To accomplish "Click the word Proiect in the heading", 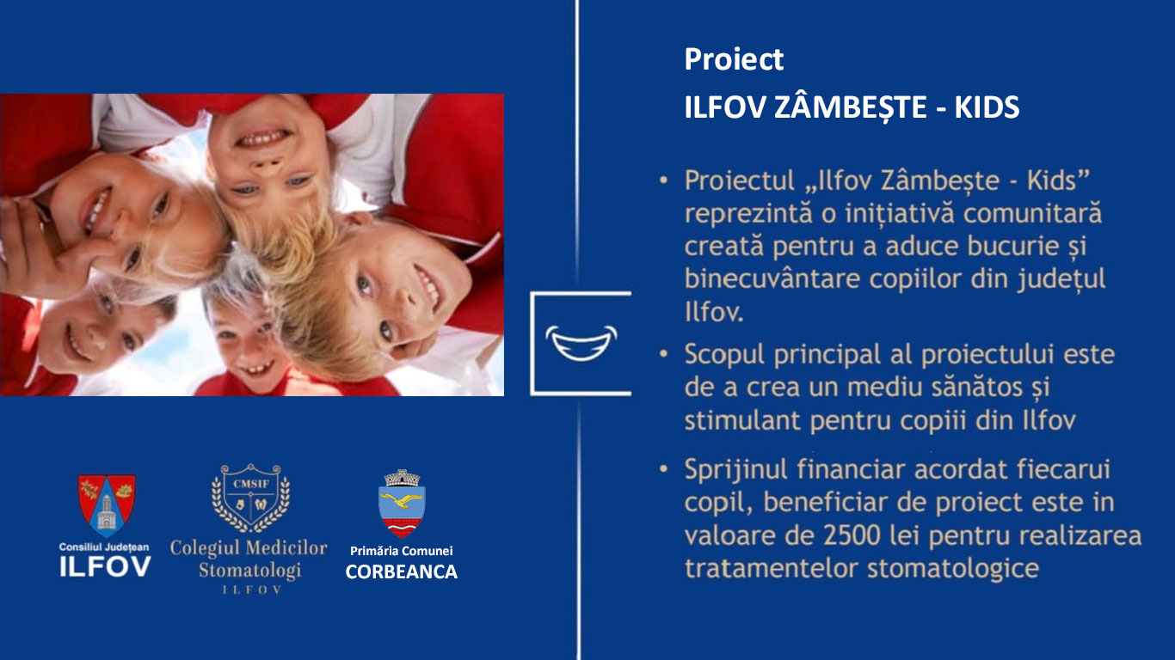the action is pyautogui.click(x=734, y=59).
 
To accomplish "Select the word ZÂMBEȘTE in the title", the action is pyautogui.click(x=851, y=107).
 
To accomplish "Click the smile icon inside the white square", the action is pyautogui.click(x=581, y=344).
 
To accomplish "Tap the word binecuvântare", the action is pyautogui.click(x=772, y=278).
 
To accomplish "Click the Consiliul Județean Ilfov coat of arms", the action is pyautogui.click(x=107, y=506).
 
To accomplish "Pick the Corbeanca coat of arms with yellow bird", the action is pyautogui.click(x=402, y=504).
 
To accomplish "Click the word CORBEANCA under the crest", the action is pyautogui.click(x=402, y=572).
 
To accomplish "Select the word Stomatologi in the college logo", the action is pyautogui.click(x=249, y=571).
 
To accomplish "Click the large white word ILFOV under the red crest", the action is pyautogui.click(x=106, y=567).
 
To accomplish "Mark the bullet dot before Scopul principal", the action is pyautogui.click(x=663, y=354).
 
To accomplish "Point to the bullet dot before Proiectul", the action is pyautogui.click(x=663, y=180).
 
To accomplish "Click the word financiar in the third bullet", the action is pyautogui.click(x=852, y=470).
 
